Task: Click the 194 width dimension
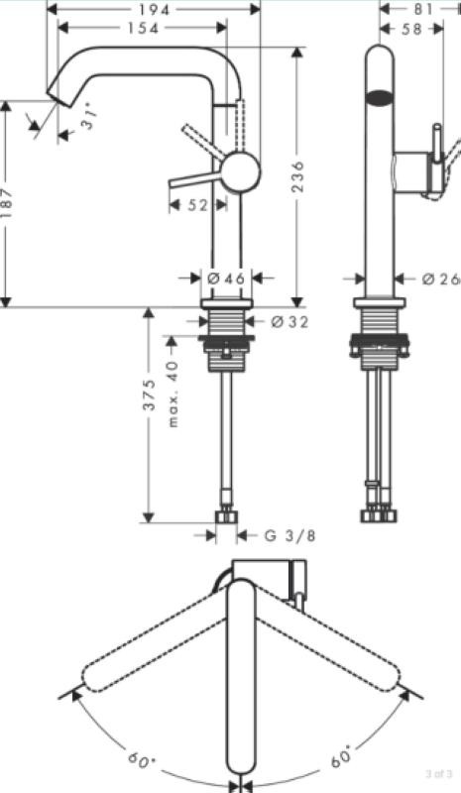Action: (x=154, y=9)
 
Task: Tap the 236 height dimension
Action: (x=298, y=176)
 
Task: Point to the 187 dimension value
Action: (x=6, y=204)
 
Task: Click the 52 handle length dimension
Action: (x=197, y=205)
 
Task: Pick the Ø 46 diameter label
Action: (x=227, y=278)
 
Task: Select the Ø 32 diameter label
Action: (x=288, y=321)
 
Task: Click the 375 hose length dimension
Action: (x=149, y=395)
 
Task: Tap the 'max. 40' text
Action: (x=173, y=394)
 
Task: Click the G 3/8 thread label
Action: (x=289, y=535)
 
